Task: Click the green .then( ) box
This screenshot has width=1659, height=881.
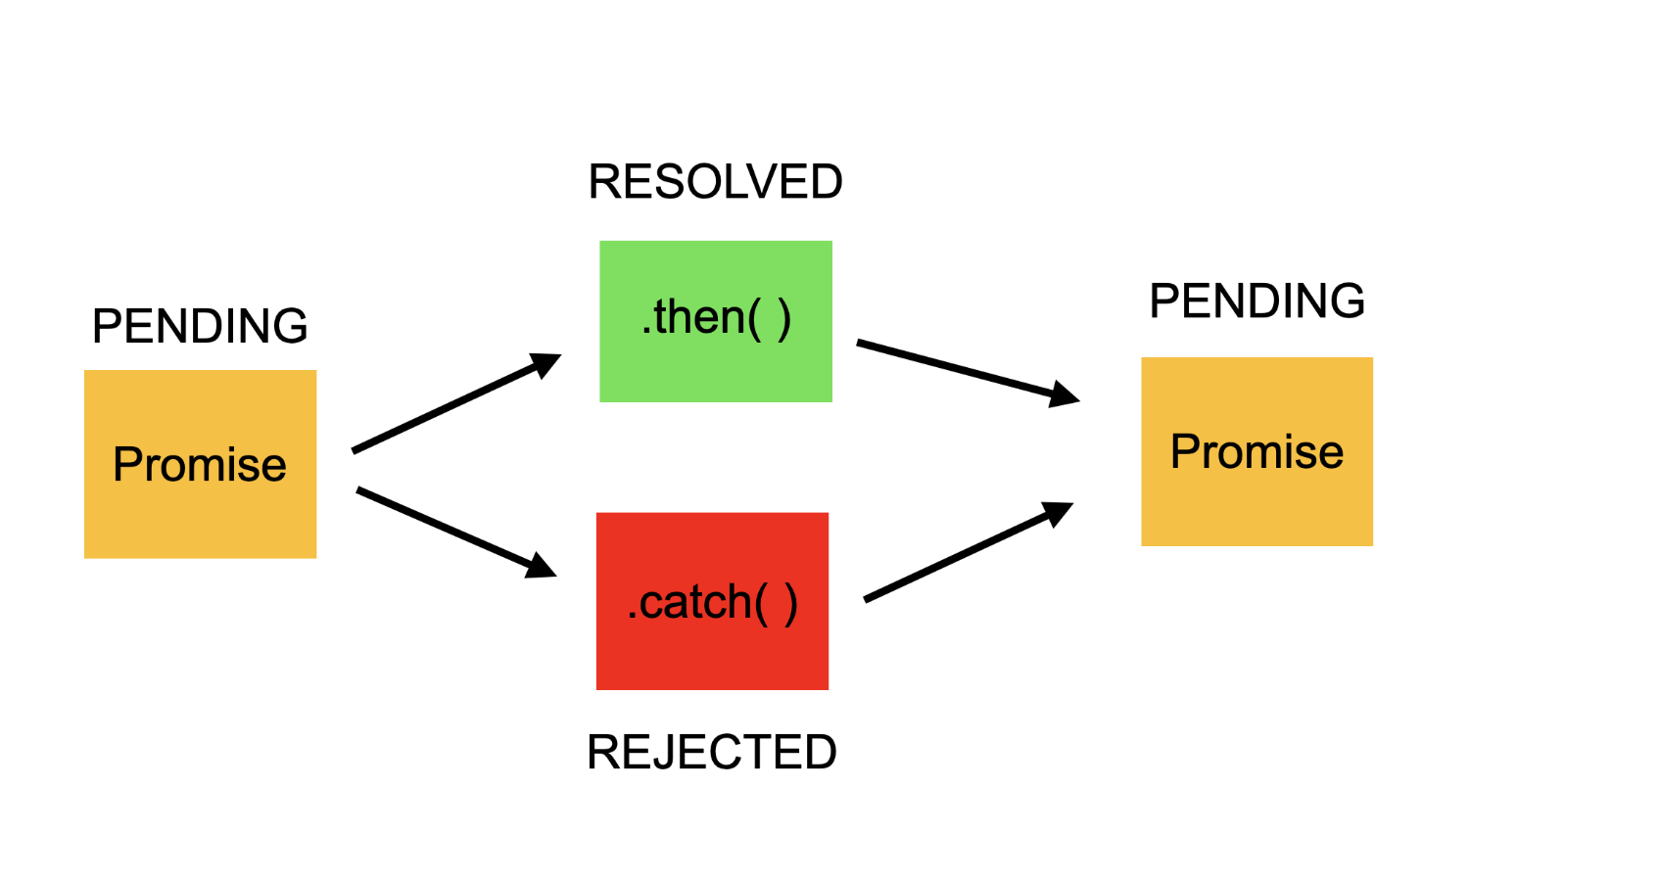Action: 716,372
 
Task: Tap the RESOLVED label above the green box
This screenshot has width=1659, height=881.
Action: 715,182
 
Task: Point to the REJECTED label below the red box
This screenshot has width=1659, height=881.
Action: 711,752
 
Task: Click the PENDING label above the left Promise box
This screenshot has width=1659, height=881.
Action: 200,326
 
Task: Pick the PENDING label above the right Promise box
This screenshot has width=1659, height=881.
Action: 1256,301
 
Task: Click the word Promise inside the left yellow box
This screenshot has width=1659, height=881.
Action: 200,464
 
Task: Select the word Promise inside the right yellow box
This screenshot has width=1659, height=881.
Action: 1256,451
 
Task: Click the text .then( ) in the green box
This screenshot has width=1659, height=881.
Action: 716,317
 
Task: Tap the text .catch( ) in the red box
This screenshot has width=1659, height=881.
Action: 712,602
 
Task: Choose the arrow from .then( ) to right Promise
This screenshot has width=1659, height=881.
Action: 955,367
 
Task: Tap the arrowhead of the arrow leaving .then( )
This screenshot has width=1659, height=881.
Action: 1065,394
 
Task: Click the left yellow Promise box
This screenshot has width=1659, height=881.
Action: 200,519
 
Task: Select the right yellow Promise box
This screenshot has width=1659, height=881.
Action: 1256,509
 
